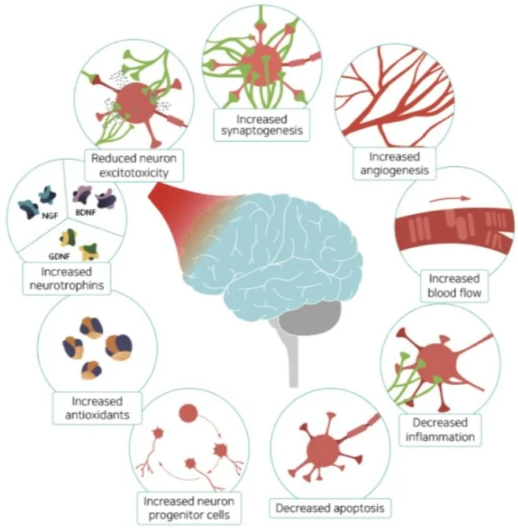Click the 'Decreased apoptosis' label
pyautogui.click(x=330, y=508)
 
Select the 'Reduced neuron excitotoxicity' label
pyautogui.click(x=127, y=164)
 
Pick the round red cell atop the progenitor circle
pyautogui.click(x=188, y=412)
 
